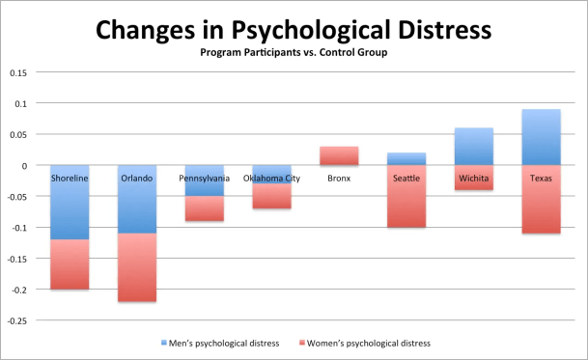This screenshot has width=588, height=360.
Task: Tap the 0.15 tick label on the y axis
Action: coord(17,72)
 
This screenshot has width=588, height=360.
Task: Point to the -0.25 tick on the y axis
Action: coord(15,320)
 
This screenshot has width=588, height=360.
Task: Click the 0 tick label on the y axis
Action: coord(25,165)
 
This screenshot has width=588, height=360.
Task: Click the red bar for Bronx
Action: coord(339,155)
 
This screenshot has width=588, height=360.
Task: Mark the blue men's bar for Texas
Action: coord(541,137)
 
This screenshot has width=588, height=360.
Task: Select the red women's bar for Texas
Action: coord(541,208)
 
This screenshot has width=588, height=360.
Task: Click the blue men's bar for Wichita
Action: coord(473,146)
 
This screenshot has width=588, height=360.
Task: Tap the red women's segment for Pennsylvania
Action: coord(204,208)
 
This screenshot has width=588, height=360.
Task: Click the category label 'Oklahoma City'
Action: coord(271,178)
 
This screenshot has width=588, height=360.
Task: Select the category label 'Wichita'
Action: coord(473,178)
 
